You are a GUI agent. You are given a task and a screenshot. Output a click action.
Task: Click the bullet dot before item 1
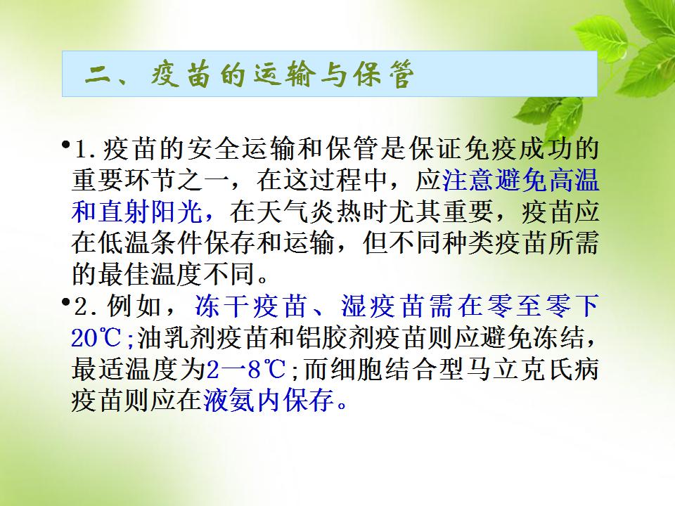click(66, 144)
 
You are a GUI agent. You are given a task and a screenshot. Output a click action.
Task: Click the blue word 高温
click(572, 181)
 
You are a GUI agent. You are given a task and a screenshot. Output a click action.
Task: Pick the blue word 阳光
click(177, 212)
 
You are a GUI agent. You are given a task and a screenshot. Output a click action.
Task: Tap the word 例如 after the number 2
click(134, 306)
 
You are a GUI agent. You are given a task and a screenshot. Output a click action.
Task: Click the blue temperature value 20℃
click(96, 338)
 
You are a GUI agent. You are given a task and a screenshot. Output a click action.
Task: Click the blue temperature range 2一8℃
click(246, 369)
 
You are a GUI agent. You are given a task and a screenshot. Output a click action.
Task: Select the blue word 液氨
click(229, 401)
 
